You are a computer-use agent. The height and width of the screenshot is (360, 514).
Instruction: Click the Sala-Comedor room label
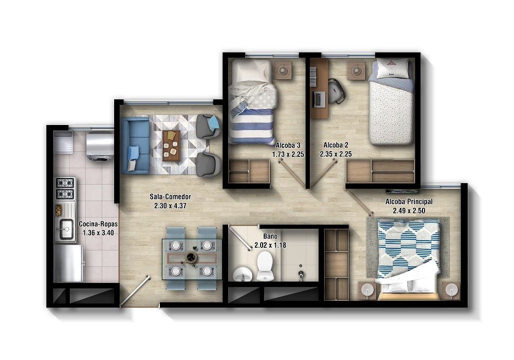[x=171, y=196]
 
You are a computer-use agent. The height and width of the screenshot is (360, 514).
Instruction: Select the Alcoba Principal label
[x=409, y=202]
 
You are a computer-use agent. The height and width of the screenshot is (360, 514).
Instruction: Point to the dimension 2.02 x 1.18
[x=270, y=245]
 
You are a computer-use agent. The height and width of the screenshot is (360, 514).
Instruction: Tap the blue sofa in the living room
[x=134, y=145]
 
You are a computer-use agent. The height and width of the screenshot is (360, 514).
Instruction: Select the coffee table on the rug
[x=171, y=145]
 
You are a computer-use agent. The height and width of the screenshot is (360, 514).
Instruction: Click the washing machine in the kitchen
[x=100, y=145]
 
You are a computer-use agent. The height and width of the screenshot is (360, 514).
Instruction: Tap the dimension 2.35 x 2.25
[x=335, y=153]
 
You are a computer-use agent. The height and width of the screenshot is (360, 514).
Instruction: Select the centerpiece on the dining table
[x=191, y=256]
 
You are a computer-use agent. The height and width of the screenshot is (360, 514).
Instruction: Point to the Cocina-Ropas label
[x=98, y=224]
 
